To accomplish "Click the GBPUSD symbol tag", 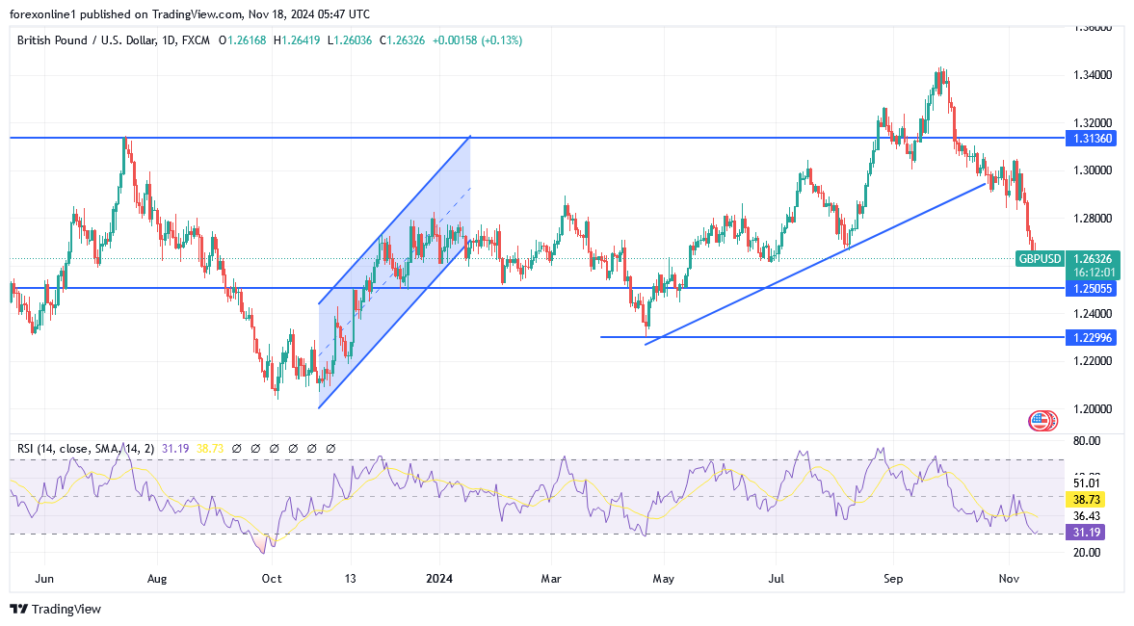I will coord(1041,258).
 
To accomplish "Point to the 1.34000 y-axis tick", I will coord(1094,75).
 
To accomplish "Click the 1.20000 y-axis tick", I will coord(1094,408).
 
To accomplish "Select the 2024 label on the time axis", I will coord(438,579).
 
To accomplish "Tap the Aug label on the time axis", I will coord(157,579).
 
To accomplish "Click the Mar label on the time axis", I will coord(550,579).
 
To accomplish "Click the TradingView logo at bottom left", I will coord(55,609).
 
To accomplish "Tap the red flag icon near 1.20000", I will coord(1039,420).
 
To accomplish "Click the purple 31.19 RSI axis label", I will coord(1093,533).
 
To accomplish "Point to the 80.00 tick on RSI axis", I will coord(1088,441).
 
